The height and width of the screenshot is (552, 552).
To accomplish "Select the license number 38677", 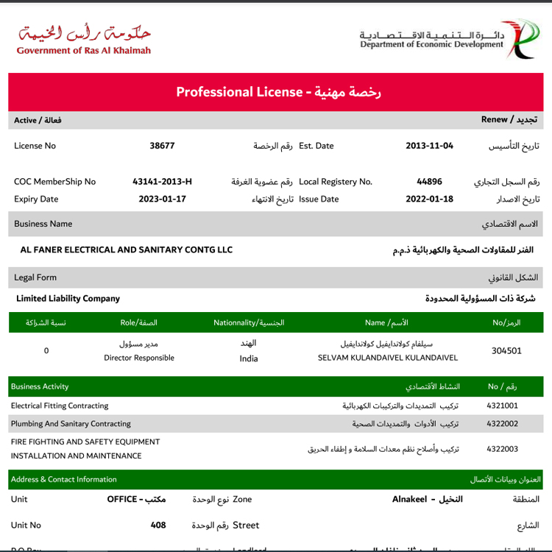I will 162,146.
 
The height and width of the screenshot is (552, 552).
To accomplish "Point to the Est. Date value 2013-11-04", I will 429,146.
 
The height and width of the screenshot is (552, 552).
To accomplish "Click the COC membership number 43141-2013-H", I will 162,182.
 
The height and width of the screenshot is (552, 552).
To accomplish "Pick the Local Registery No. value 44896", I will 429,182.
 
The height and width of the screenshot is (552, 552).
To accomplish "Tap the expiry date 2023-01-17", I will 162,199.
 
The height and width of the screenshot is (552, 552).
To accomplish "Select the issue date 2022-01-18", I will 429,199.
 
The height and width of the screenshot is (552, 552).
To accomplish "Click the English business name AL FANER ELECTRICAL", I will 126,250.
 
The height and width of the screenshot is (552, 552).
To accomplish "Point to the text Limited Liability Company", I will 68,299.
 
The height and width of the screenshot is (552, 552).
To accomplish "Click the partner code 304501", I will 506,351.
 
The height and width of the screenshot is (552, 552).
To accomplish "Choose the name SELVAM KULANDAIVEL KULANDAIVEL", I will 388,358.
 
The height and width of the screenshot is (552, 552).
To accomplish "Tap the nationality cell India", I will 249,358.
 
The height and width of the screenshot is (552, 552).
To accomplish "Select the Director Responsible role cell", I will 139,358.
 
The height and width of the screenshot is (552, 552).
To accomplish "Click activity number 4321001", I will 503,406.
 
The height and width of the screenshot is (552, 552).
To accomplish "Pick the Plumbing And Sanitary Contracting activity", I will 71,424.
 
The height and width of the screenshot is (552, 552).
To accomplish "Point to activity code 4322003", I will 503,449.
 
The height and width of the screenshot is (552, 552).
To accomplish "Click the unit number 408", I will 158,526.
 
